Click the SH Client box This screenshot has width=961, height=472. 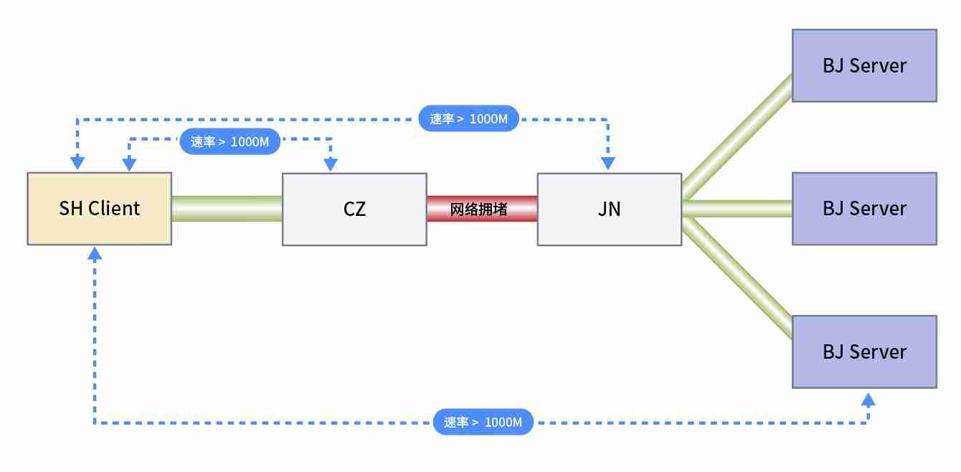click(99, 209)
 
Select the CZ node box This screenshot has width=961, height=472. click(354, 209)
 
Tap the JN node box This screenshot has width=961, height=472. click(610, 209)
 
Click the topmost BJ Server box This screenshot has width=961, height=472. click(864, 66)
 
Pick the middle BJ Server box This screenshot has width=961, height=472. click(864, 209)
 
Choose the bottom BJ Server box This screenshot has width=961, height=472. click(864, 351)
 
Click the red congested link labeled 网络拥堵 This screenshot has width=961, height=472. click(482, 209)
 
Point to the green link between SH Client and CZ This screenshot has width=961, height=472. click(227, 209)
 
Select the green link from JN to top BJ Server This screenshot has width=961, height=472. click(737, 136)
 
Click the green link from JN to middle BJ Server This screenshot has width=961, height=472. click(737, 209)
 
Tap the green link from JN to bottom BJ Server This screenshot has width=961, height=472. click(737, 280)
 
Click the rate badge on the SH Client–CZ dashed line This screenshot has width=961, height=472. click(229, 142)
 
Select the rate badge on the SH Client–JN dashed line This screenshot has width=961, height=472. click(469, 119)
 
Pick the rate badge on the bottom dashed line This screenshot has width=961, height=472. click(483, 422)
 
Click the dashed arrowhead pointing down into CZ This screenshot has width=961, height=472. click(331, 165)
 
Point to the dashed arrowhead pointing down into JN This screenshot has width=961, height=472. click(608, 164)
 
